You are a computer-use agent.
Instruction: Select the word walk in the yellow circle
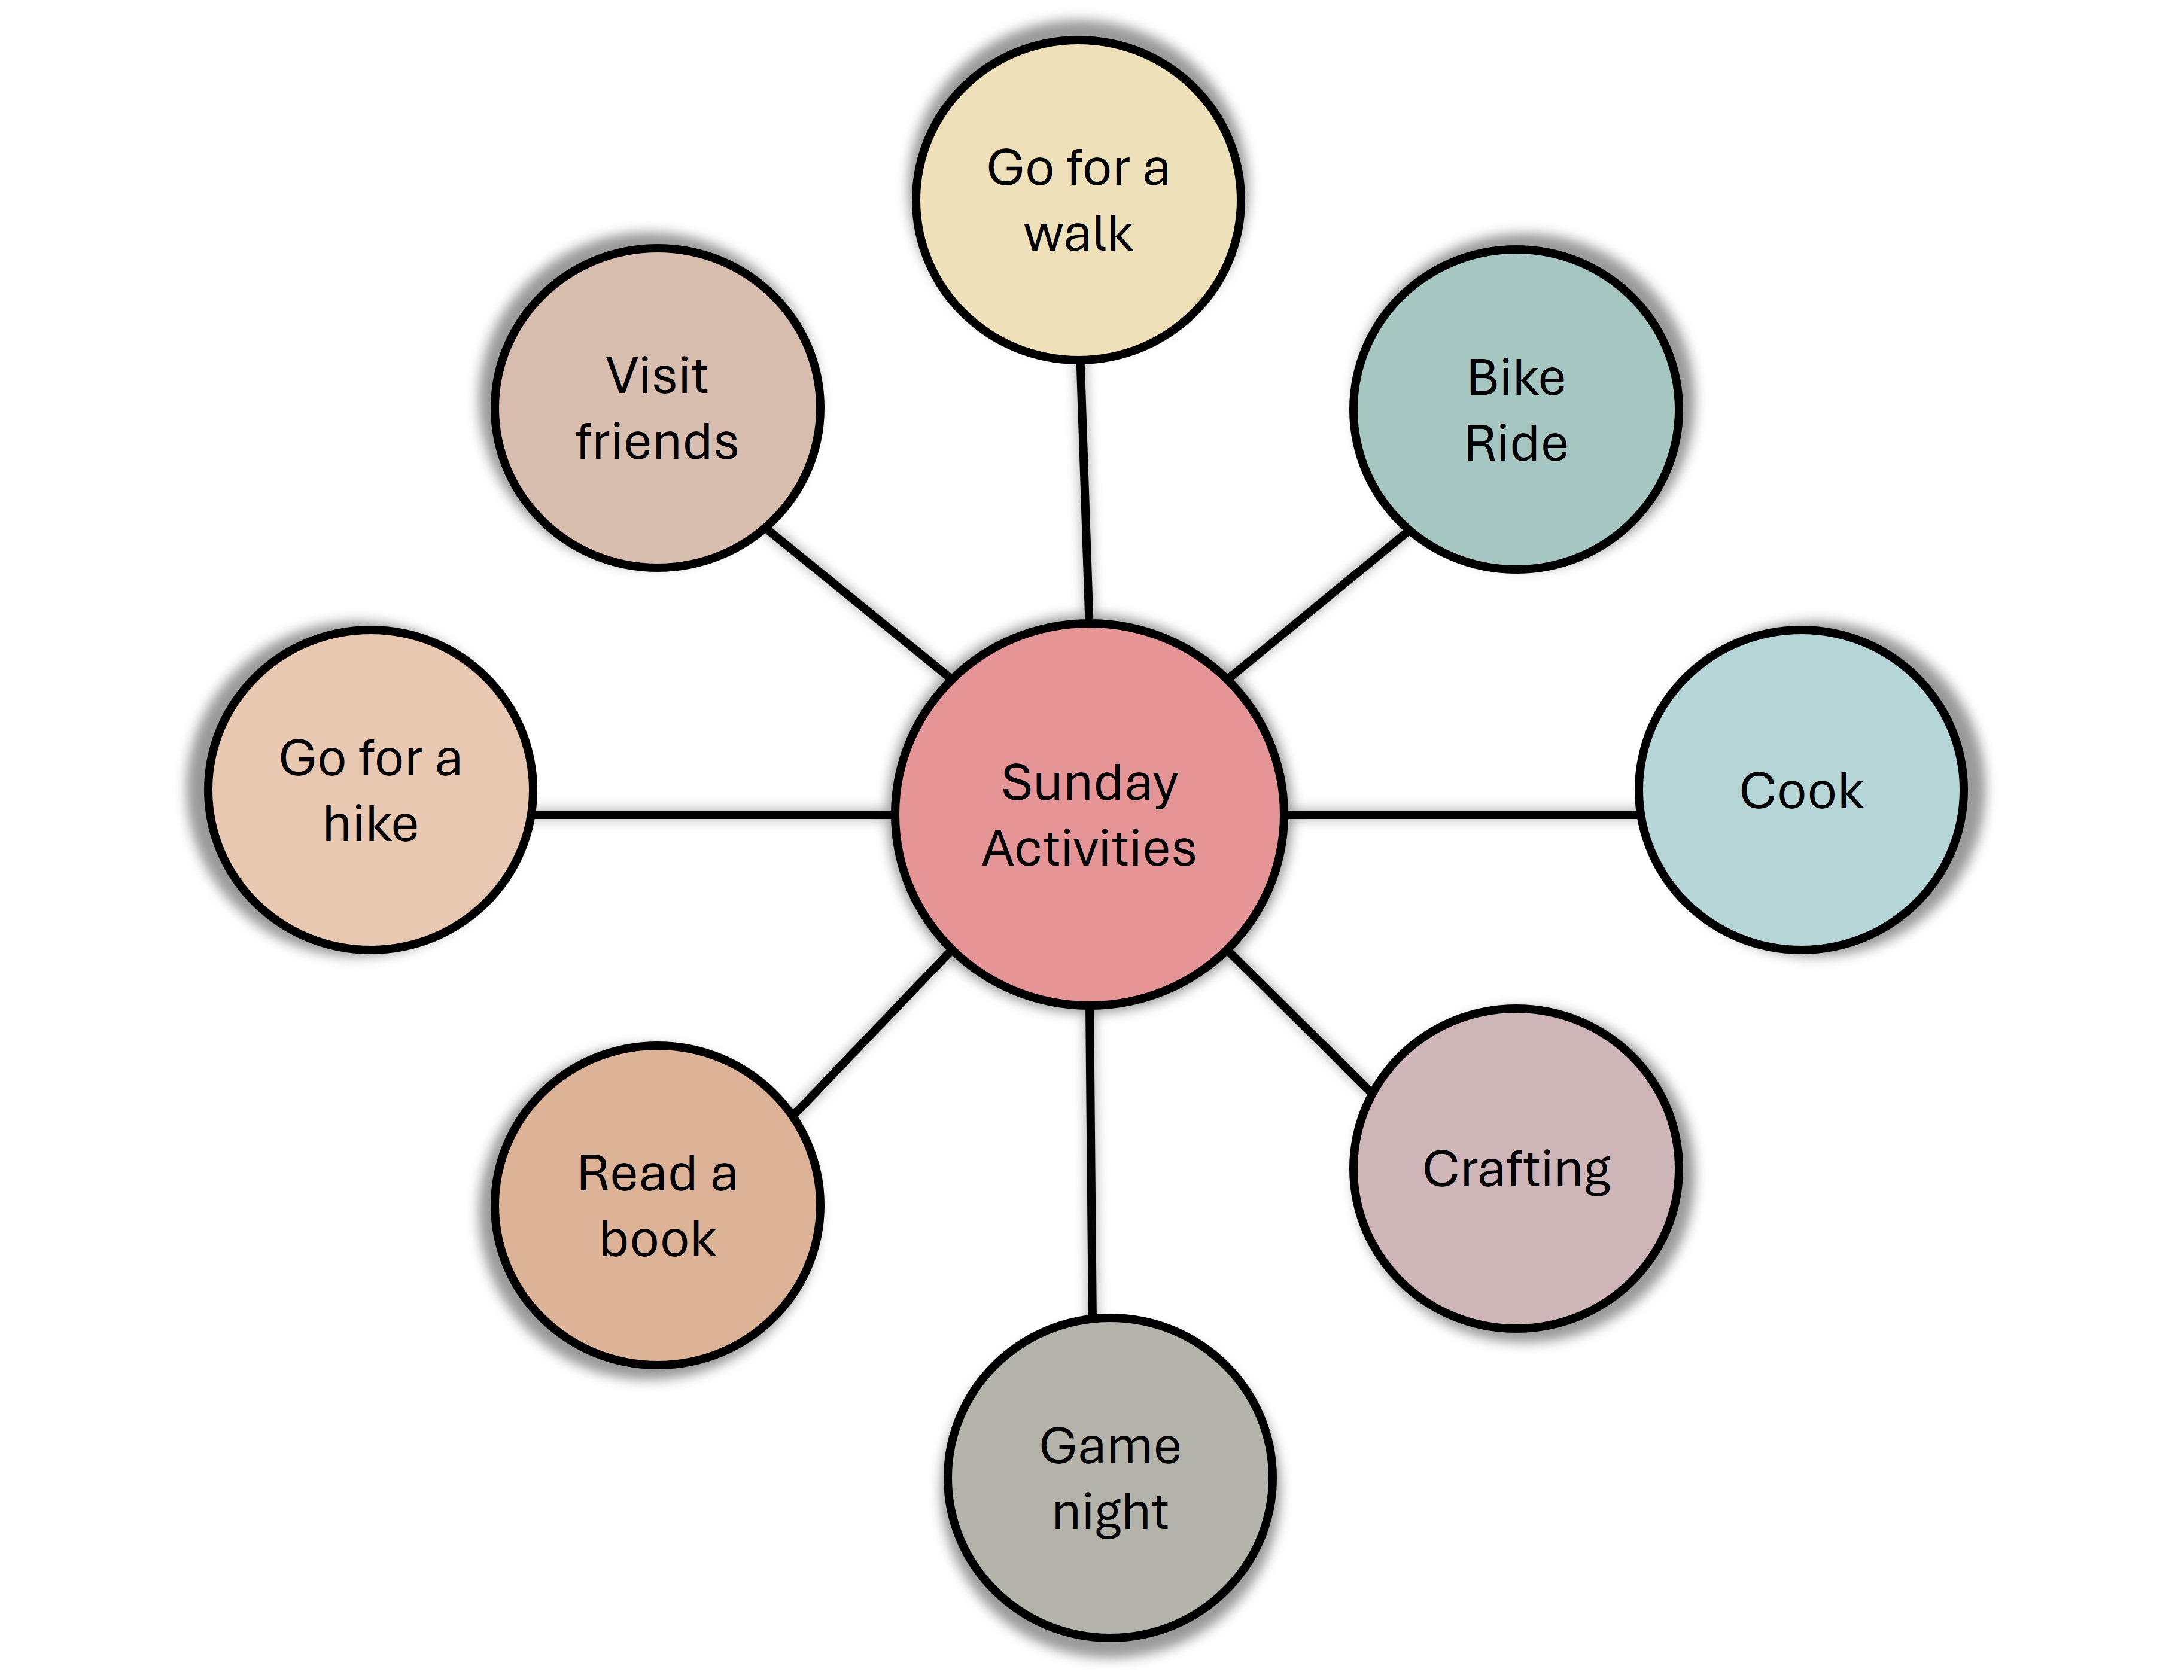[x=1078, y=235]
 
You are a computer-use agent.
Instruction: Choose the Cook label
[x=1801, y=791]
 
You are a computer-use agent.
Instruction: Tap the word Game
[x=1110, y=1446]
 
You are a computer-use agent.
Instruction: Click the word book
[x=658, y=1240]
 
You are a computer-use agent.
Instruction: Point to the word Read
[x=637, y=1174]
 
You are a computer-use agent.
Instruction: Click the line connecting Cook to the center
[x=1462, y=814]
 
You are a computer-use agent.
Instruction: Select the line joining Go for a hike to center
[x=712, y=814]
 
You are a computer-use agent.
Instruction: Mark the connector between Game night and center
[x=1091, y=1163]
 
